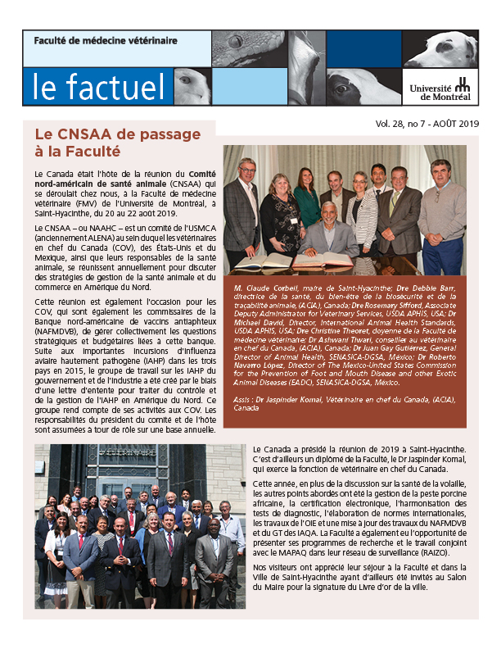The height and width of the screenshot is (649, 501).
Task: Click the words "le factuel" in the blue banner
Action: (x=89, y=87)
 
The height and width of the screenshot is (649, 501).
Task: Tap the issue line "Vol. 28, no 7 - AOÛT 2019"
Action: (x=427, y=125)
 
